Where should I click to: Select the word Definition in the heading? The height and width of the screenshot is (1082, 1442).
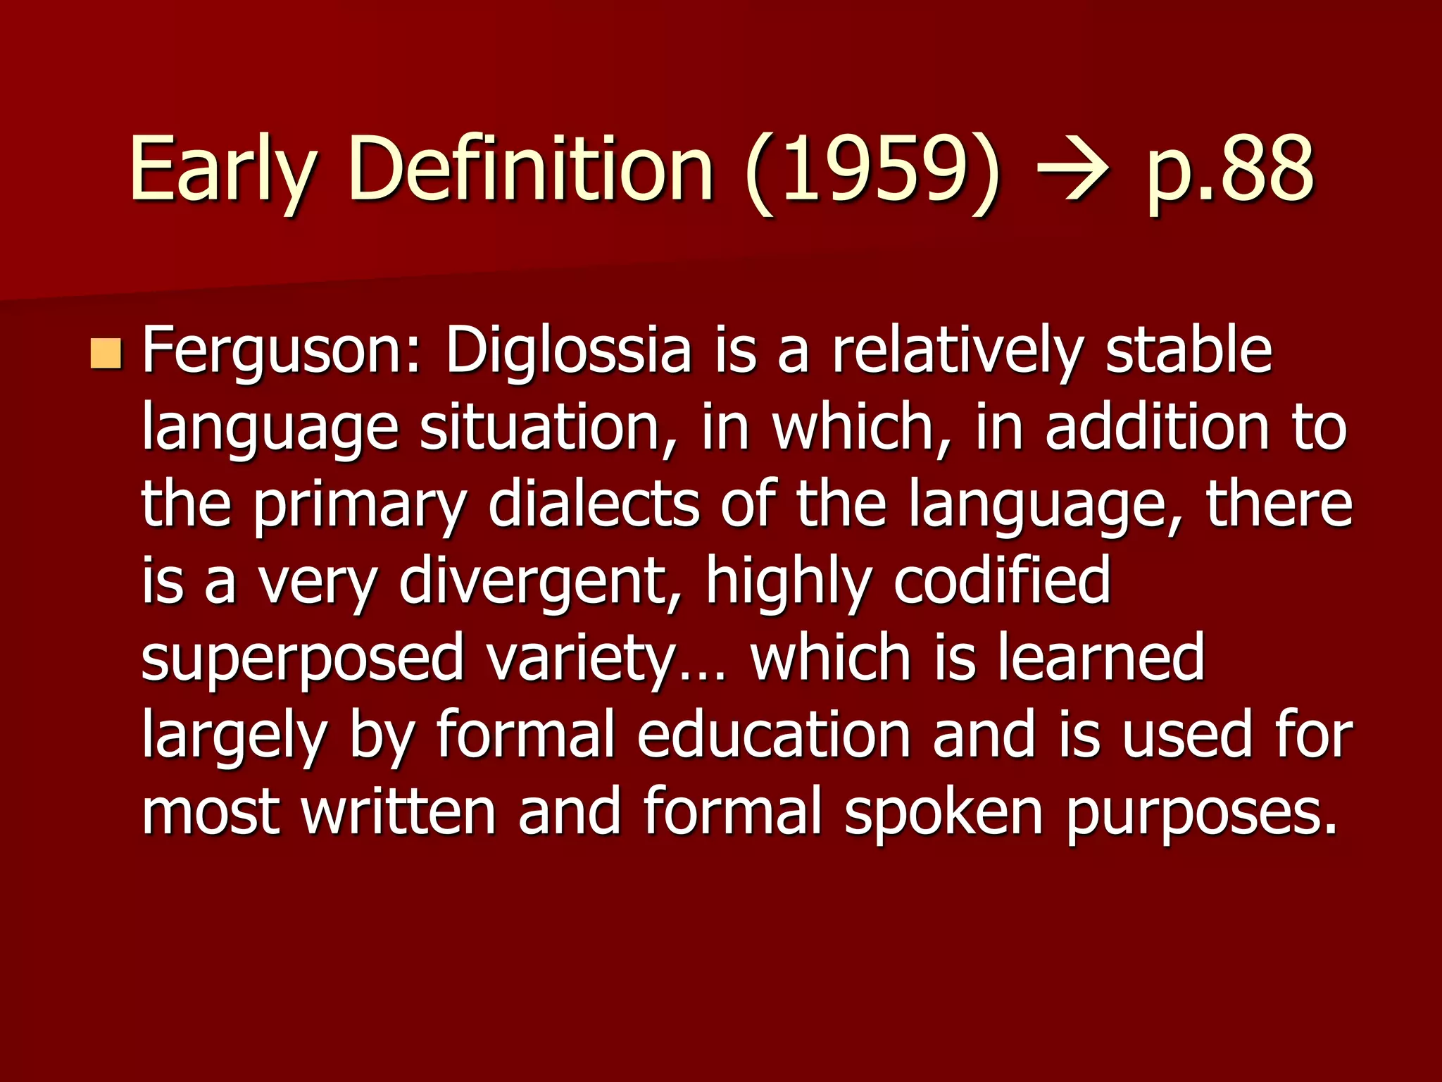click(531, 169)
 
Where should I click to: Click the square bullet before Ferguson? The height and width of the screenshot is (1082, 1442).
click(106, 354)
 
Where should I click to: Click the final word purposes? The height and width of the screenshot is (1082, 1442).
click(1200, 814)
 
